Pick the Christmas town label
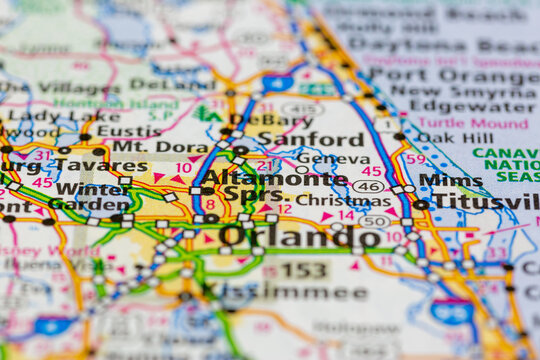click(x=330, y=200)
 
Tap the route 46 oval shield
click(x=369, y=186)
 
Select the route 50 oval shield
click(x=375, y=221)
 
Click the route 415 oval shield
click(x=301, y=108)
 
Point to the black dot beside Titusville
click(x=420, y=204)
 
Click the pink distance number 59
click(x=415, y=158)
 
